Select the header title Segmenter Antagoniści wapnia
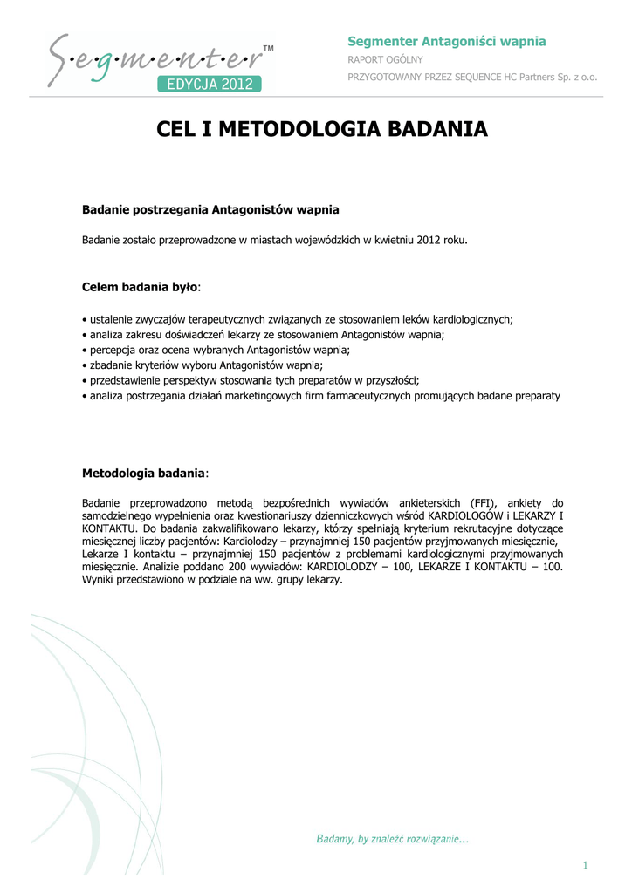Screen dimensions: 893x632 [x=447, y=41]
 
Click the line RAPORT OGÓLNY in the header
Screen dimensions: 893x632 [x=385, y=59]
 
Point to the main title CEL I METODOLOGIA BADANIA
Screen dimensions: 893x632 [x=322, y=131]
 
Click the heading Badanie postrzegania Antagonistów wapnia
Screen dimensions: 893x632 [x=210, y=210]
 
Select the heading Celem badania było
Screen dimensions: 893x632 [x=141, y=286]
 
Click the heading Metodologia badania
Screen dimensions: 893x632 [x=144, y=473]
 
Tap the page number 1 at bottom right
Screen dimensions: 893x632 [x=587, y=865]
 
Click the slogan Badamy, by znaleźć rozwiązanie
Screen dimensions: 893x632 [x=392, y=839]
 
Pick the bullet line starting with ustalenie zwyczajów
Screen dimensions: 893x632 [x=298, y=320]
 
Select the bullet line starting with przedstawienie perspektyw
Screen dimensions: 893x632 [x=251, y=380]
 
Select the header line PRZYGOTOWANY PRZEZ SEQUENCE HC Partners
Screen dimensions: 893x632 [x=472, y=77]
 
